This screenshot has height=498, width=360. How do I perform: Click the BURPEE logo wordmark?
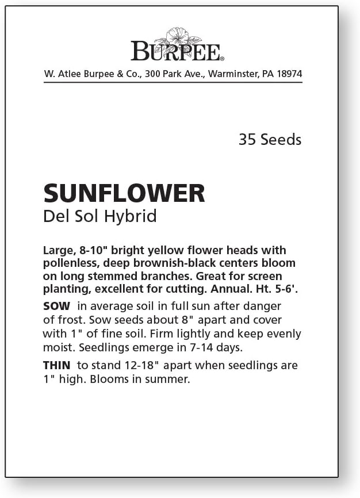coord(176,51)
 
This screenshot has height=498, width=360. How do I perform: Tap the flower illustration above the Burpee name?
coord(178,36)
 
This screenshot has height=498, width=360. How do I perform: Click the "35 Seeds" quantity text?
coord(270,140)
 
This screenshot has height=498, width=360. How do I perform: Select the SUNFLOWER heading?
coord(124,193)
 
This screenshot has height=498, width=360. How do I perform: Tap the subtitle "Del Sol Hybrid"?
coord(100,217)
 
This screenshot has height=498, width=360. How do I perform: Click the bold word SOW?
coord(56,305)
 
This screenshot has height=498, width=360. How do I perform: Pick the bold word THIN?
coord(56,365)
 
